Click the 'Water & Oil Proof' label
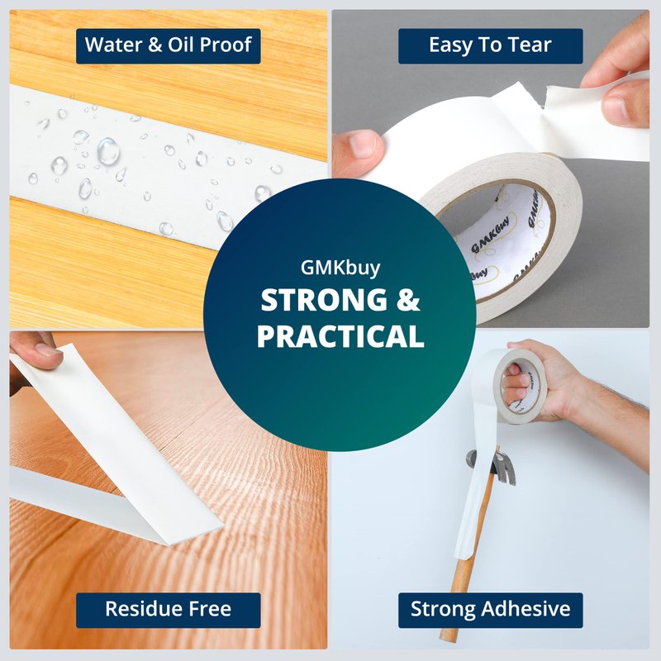(169, 46)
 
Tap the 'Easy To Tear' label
(490, 46)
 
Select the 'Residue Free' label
(169, 610)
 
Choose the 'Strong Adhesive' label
(490, 610)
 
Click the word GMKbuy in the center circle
(340, 268)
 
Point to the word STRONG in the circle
(324, 300)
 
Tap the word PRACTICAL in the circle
(340, 336)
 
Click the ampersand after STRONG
(408, 300)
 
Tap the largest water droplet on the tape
(108, 150)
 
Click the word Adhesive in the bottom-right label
(525, 609)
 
